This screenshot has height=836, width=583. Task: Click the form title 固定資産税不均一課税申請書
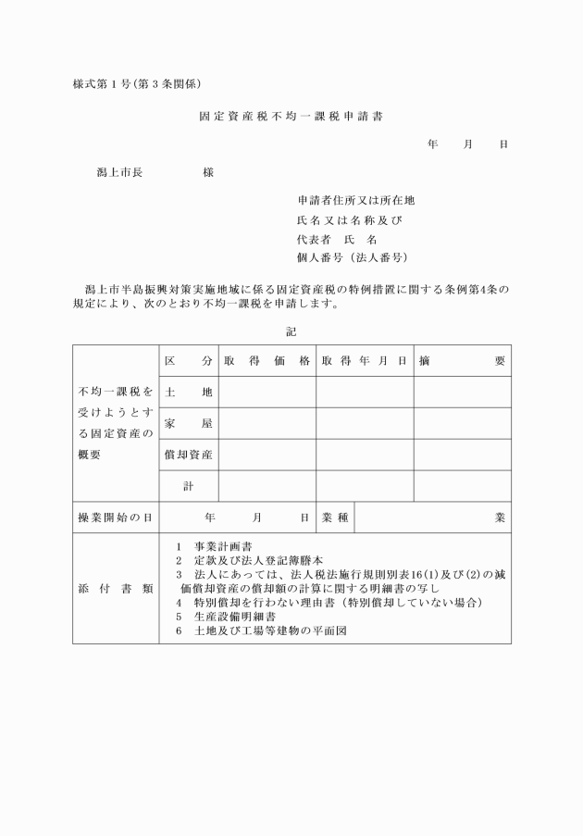point(291,118)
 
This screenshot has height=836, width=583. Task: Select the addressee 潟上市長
point(119,172)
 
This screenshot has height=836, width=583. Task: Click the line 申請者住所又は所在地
point(356,200)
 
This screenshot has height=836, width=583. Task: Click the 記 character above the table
point(291,331)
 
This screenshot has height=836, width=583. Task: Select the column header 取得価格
point(267,360)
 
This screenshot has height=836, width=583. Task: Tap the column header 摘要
point(461,360)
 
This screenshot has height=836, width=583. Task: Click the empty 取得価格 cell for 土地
point(267,392)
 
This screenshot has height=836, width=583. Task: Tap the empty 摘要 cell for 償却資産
point(461,455)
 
